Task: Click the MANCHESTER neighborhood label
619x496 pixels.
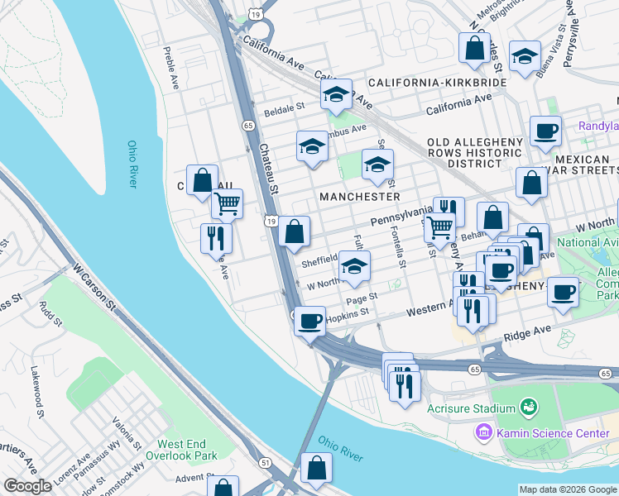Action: pos(361,197)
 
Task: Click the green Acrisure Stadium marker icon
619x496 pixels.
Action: pos(526,408)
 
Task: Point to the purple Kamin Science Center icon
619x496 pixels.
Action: pos(482,432)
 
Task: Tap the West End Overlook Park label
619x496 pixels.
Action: pos(181,450)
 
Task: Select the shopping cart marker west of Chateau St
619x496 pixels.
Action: pos(227,203)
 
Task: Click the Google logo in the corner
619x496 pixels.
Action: pos(27,486)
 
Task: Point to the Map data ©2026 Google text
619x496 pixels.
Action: pos(568,489)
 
